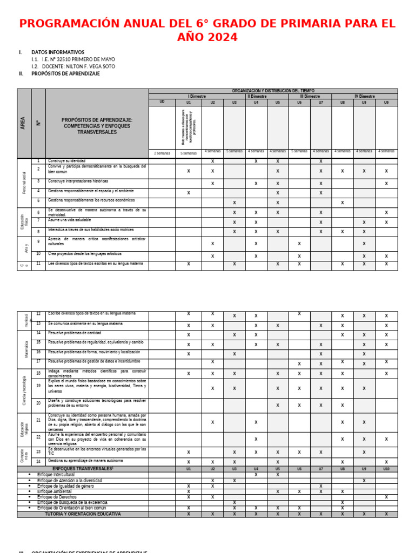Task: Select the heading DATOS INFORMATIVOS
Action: (x=58, y=52)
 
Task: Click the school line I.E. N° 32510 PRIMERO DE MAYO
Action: (x=78, y=59)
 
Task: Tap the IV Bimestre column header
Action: (x=364, y=96)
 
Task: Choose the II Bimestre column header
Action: (x=257, y=96)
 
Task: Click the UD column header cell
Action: (x=162, y=102)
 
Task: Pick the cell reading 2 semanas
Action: (x=162, y=153)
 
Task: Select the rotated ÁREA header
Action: (x=24, y=123)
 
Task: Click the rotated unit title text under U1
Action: (x=188, y=127)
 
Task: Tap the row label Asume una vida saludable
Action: (x=69, y=220)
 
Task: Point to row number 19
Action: (x=38, y=386)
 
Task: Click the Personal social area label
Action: (x=24, y=183)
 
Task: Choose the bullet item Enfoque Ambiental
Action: (x=54, y=491)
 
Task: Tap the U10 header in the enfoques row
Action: (x=386, y=469)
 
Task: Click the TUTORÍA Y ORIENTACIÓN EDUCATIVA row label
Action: (x=83, y=514)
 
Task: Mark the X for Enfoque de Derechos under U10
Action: (x=386, y=497)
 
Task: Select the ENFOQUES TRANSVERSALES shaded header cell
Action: (x=83, y=469)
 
